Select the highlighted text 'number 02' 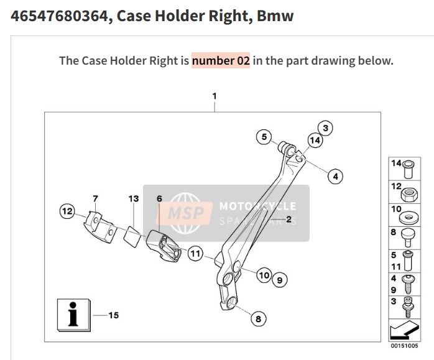221,60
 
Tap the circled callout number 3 328,128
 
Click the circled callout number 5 264,137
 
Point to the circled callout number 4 335,176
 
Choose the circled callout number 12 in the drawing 67,211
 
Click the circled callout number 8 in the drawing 257,318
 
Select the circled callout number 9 279,281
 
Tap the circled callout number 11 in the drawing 195,254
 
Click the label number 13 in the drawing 134,199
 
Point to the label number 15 114,315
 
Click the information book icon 73,315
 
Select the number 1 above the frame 214,96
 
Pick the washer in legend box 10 408,218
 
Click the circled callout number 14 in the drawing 315,141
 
